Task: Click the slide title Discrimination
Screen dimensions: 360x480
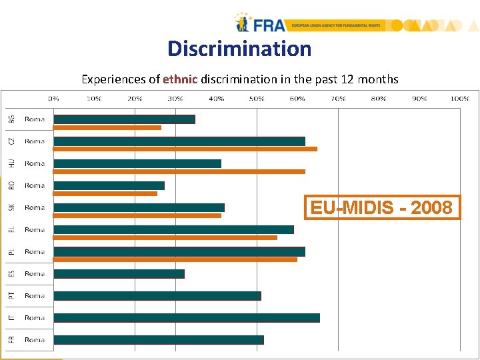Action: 239,49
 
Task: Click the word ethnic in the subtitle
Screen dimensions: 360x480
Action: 180,79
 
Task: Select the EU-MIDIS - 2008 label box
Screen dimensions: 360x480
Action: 382,208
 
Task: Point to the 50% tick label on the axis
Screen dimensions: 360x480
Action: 256,98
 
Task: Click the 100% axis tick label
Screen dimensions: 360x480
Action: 459,98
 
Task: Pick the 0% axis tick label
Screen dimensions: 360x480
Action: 53,98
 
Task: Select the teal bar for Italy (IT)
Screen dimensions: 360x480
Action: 187,318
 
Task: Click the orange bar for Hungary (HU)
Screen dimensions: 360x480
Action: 179,171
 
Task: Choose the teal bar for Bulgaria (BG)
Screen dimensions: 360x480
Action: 124,119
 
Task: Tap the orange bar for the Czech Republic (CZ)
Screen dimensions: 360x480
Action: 185,149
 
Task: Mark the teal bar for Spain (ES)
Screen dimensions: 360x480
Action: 119,274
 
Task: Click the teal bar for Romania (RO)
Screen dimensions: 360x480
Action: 109,185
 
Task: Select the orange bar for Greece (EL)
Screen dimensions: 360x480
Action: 165,237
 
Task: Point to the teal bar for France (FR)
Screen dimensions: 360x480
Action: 159,340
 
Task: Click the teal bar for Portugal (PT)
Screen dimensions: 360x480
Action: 157,296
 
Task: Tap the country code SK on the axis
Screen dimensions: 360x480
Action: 11,207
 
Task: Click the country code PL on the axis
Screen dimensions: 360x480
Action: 11,251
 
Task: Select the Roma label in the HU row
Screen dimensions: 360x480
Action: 35,163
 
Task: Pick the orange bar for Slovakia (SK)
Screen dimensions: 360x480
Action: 137,215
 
